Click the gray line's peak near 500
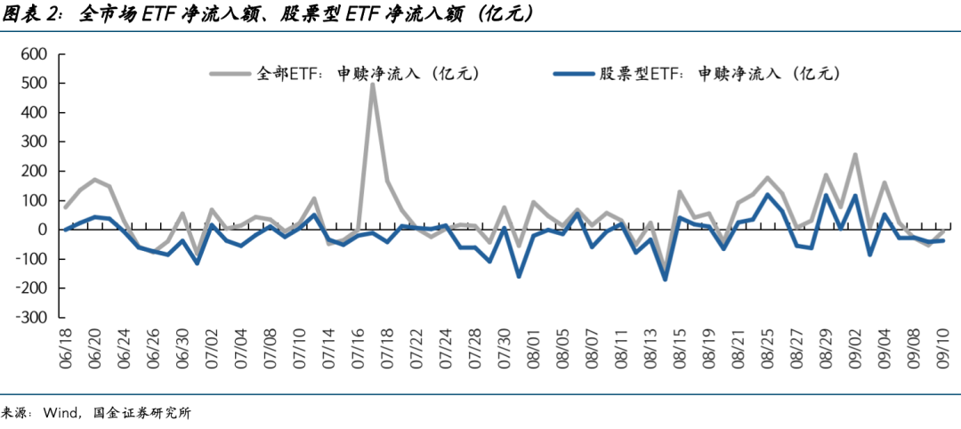pyautogui.click(x=372, y=85)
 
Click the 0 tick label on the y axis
pyautogui.click(x=40, y=230)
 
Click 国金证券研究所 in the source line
pyautogui.click(x=142, y=413)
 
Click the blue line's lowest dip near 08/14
pyautogui.click(x=665, y=279)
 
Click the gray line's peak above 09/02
pyautogui.click(x=855, y=155)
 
